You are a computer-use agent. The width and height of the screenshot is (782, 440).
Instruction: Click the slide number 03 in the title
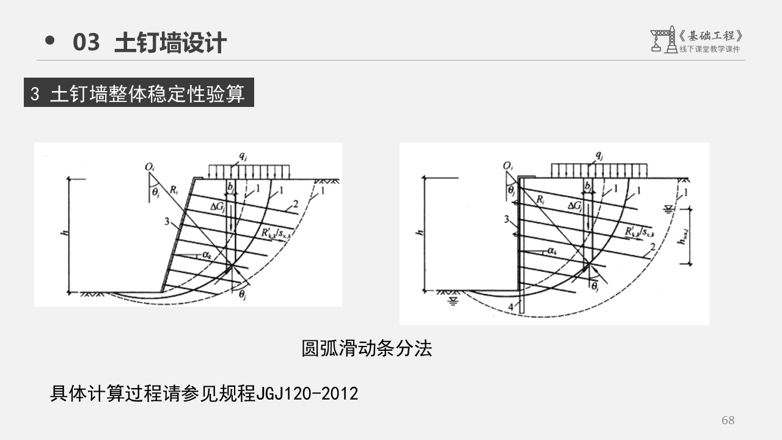[86, 43]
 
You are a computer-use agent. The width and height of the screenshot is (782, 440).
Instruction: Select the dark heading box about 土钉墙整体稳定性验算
[139, 94]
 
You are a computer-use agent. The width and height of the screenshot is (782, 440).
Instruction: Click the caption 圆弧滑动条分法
[367, 348]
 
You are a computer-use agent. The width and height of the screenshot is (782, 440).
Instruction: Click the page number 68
[728, 420]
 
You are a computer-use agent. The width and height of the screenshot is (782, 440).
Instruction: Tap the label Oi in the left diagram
[149, 167]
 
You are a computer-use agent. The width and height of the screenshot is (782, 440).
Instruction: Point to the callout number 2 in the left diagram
[296, 203]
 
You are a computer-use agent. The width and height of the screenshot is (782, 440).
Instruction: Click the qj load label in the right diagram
[599, 155]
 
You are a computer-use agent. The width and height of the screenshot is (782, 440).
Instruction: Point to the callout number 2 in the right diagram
[653, 247]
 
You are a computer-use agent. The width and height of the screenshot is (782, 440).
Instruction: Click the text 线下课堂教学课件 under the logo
[709, 50]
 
